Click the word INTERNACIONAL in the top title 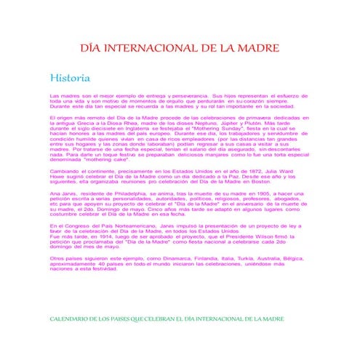[x=161, y=49]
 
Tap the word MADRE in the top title [x=254, y=49]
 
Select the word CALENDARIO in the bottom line [x=75, y=319]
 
